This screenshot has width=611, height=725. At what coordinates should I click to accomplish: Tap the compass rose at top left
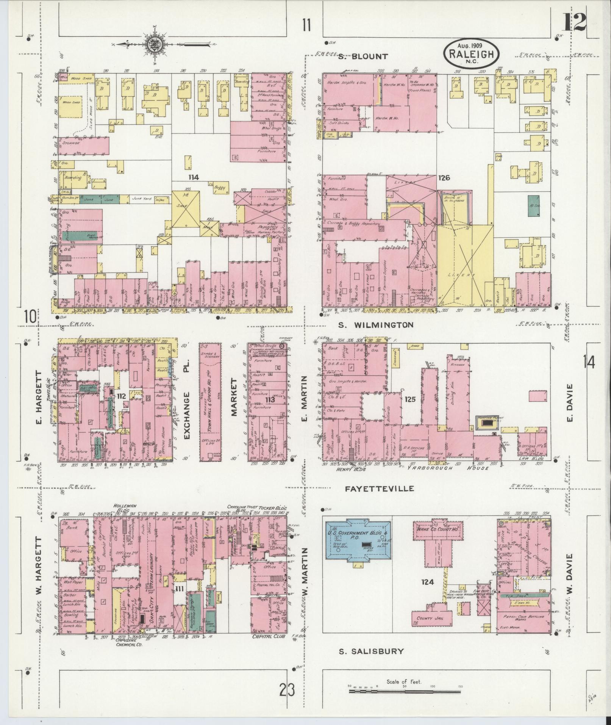[x=155, y=44]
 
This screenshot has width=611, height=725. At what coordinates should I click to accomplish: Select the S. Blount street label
[x=363, y=57]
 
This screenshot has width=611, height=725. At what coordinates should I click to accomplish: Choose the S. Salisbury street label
[x=371, y=651]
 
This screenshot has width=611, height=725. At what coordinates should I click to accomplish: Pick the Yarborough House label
[x=448, y=468]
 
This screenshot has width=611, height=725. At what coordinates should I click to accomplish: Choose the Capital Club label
[x=267, y=637]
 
